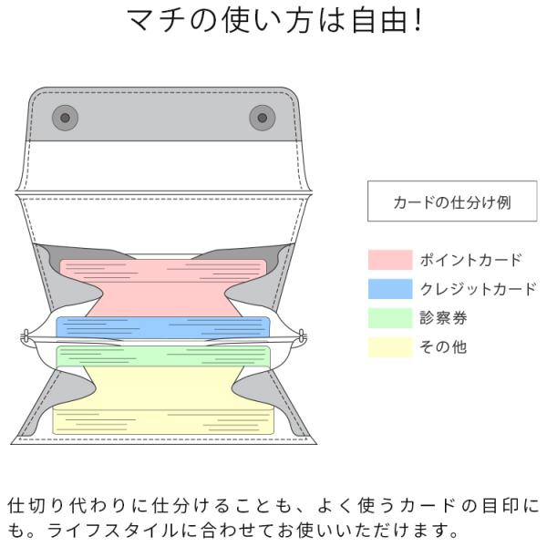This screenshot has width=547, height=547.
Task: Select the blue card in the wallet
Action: [164, 326]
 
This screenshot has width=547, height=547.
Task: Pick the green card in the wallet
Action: [164, 356]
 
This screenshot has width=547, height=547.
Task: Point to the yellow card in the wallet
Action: [164, 401]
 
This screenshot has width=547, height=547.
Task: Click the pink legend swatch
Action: [390, 260]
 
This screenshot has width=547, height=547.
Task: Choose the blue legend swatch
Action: [390, 289]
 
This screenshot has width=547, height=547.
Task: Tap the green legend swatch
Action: [390, 318]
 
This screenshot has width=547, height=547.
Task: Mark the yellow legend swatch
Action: [390, 347]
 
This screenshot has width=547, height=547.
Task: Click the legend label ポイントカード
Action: [470, 260]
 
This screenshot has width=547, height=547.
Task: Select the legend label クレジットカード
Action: [478, 289]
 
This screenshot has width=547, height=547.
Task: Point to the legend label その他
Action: [443, 347]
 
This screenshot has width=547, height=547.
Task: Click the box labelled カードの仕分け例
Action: [452, 201]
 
